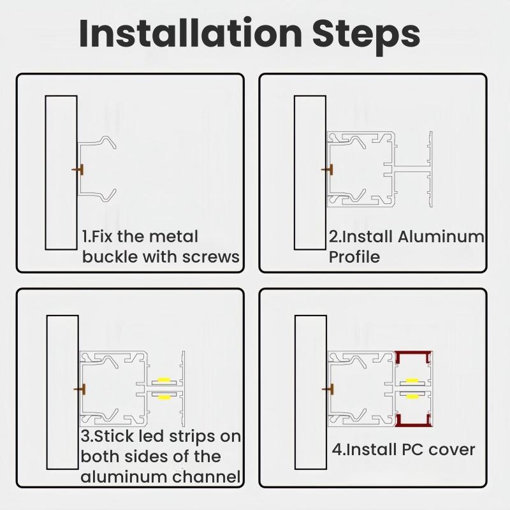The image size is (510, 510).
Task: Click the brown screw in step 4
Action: (x=330, y=388)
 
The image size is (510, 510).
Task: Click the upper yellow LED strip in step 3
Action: (x=164, y=381)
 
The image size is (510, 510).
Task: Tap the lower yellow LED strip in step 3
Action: (x=164, y=397)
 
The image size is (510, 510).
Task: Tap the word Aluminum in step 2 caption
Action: (x=441, y=237)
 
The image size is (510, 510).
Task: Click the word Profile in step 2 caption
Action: (x=354, y=257)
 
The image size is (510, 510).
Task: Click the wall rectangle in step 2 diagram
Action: (x=310, y=172)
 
